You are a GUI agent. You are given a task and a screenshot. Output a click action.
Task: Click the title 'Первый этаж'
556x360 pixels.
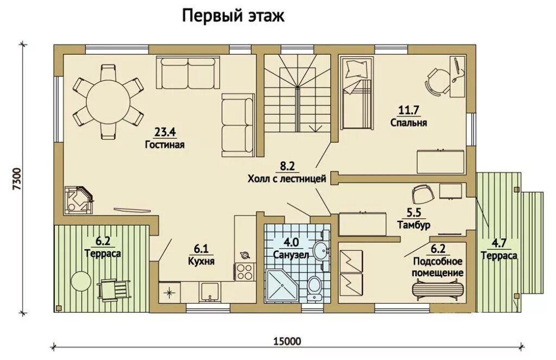pyautogui.click(x=233, y=16)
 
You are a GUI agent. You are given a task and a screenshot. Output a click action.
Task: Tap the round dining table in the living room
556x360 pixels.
pyautogui.click(x=108, y=102)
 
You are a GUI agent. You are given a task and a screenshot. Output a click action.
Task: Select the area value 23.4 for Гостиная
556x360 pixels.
pyautogui.click(x=165, y=132)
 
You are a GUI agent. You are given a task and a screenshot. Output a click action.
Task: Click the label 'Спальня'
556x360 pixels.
pyautogui.click(x=409, y=123)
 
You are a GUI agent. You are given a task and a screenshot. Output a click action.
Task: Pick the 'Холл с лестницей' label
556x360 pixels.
pyautogui.click(x=287, y=179)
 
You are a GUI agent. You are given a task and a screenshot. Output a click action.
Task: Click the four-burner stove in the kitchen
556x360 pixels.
pyautogui.click(x=243, y=271)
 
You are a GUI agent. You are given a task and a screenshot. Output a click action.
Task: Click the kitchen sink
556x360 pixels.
pyautogui.click(x=210, y=292)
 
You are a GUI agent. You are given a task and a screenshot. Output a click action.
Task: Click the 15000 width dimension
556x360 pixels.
pyautogui.click(x=287, y=341)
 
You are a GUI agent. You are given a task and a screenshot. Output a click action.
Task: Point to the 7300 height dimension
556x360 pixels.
pyautogui.click(x=17, y=179)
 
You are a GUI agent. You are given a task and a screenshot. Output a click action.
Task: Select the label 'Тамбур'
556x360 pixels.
pyautogui.click(x=414, y=225)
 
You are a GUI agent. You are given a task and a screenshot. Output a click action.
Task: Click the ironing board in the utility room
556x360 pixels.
pyautogui.click(x=438, y=288)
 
